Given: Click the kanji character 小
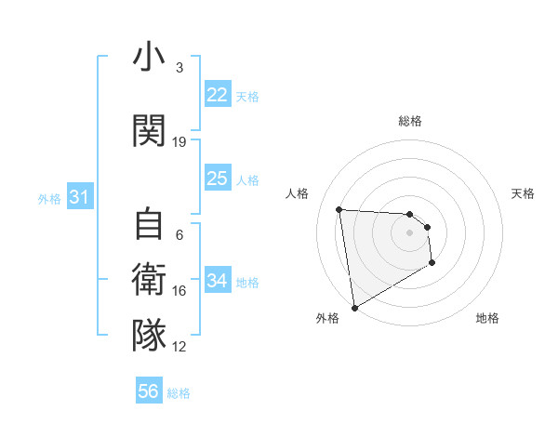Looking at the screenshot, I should click(x=149, y=60).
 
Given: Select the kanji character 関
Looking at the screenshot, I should click(x=149, y=131).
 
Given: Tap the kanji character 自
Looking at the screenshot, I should click(x=149, y=226).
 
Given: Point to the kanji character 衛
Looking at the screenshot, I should click(x=149, y=280).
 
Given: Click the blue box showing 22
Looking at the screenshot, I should click(x=218, y=96).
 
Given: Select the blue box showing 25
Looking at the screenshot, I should click(x=218, y=179).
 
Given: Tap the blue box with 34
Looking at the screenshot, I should click(x=218, y=281).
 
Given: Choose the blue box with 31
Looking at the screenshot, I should click(x=79, y=197).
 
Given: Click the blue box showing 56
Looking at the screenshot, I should click(x=149, y=391).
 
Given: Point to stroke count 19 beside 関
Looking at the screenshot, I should click(x=179, y=142).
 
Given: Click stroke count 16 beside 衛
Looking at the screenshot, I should click(x=179, y=291).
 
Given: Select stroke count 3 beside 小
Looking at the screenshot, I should click(x=179, y=68).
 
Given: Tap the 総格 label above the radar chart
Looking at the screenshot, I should click(x=410, y=121).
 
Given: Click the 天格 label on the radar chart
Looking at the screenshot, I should click(x=524, y=193).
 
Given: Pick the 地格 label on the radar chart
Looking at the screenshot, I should click(x=487, y=318).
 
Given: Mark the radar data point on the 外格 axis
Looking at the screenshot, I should click(x=353, y=307).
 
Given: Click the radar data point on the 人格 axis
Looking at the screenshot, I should click(x=339, y=209).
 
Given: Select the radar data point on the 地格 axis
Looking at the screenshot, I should click(x=432, y=263).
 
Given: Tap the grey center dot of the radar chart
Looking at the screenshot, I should click(x=409, y=232).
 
